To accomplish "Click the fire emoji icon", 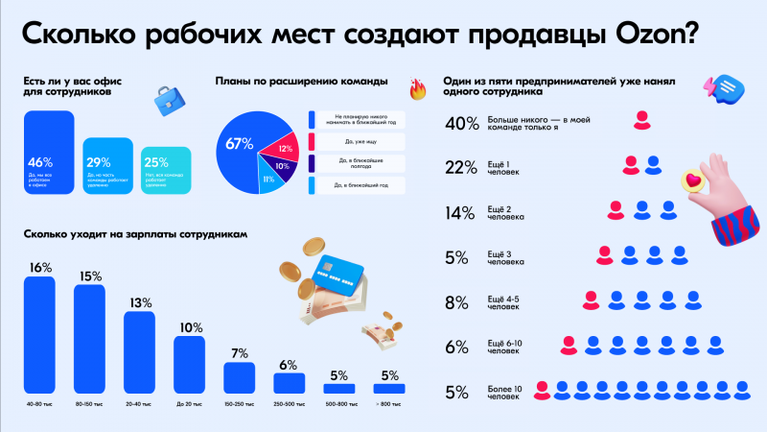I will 416,90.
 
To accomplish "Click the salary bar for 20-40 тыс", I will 140,351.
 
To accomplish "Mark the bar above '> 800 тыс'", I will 389,389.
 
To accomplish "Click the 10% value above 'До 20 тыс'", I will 189,326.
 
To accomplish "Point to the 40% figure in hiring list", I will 461,122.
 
